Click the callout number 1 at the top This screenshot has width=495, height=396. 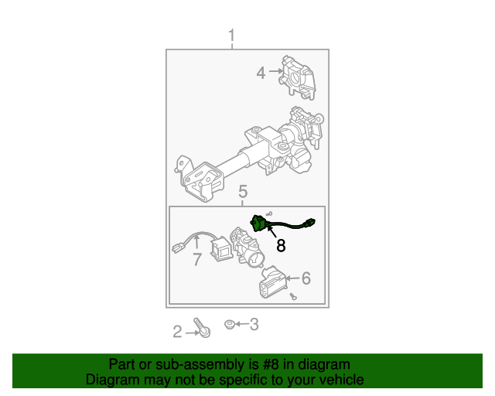coord(232,36)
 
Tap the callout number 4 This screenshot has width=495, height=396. coord(261,73)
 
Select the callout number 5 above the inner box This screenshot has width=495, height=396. coord(243,191)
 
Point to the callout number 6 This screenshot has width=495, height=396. coord(306,278)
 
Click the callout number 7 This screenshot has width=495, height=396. coord(197,259)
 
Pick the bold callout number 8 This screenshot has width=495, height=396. coord(281,245)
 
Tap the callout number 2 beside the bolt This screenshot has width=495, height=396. coord(177,332)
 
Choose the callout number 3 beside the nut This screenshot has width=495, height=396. coord(254,324)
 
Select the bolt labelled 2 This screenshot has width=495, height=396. coord(202,327)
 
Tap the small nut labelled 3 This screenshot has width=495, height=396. coord(229,324)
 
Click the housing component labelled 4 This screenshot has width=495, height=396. coord(297,77)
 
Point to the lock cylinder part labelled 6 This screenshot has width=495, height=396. coord(272,282)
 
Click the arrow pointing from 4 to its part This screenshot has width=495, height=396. coord(276,71)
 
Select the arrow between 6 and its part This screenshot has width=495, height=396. coord(292,278)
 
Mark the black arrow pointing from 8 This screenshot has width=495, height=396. coord(271,230)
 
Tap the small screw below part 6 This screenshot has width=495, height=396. coord(293,296)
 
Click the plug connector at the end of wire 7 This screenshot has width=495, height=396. coord(179,247)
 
